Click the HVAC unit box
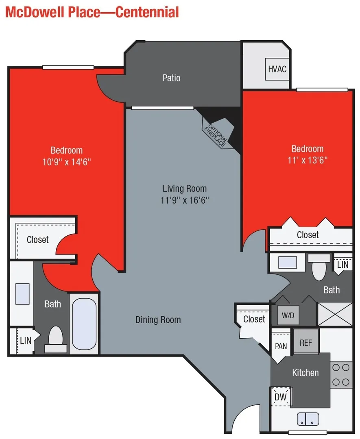point(277,69)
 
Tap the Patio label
point(171,78)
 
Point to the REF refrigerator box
point(306,342)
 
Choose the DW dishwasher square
point(281,397)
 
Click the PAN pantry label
point(281,346)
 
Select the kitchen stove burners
point(341,374)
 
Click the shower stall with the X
point(334,314)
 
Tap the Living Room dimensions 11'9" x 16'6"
point(185,200)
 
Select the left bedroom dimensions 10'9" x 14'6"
point(67,161)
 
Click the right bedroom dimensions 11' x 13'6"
point(308,160)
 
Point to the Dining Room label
point(158,320)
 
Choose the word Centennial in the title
point(147,12)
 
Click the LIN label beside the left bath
point(25,340)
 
